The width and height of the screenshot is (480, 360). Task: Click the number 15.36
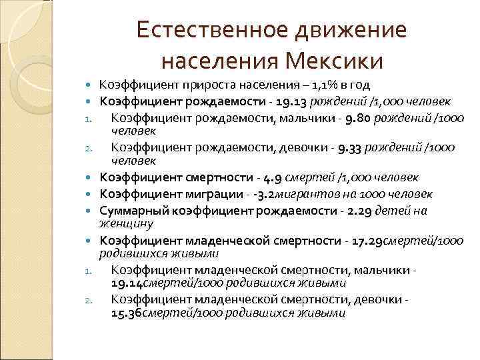pyautogui.click(x=127, y=313)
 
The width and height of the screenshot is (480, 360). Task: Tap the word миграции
pyautogui.click(x=207, y=194)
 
